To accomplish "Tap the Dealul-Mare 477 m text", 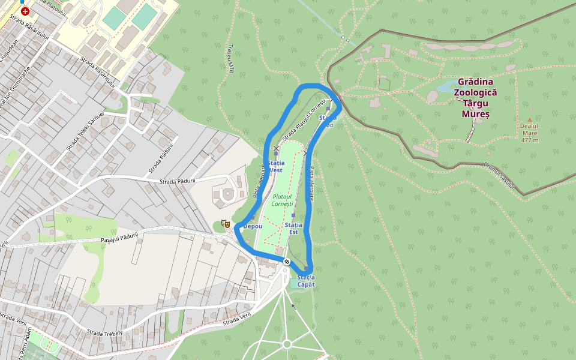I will click(x=530, y=133).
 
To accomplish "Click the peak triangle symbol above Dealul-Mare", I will click(x=529, y=120).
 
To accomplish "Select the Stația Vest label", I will click(x=275, y=166).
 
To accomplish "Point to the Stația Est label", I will click(x=293, y=228).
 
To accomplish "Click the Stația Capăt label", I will click(x=305, y=280).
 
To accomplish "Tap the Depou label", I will click(x=253, y=226).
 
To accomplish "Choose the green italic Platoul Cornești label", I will click(x=282, y=200).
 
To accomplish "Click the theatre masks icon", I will click(x=226, y=224).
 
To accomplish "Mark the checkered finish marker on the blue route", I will click(x=287, y=260).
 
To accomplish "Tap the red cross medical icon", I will click(x=25, y=11).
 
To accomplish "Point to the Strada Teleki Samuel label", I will click(x=85, y=131).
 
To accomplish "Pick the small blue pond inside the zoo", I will click(x=445, y=88).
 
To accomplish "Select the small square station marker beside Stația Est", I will click(x=293, y=215).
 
